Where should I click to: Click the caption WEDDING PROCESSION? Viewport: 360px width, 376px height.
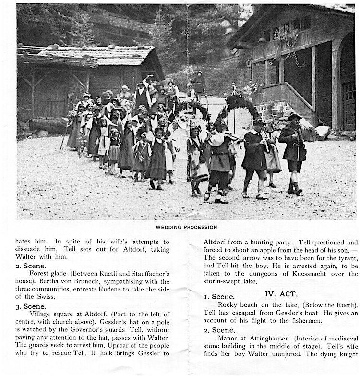click(186, 227)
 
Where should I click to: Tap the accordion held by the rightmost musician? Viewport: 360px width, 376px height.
click(308, 134)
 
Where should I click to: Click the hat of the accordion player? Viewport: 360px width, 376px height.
click(294, 116)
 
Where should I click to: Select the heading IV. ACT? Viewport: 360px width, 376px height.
click(281, 293)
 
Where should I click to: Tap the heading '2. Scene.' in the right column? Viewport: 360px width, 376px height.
click(219, 330)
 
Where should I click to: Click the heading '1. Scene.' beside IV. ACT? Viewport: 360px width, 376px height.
click(219, 297)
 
